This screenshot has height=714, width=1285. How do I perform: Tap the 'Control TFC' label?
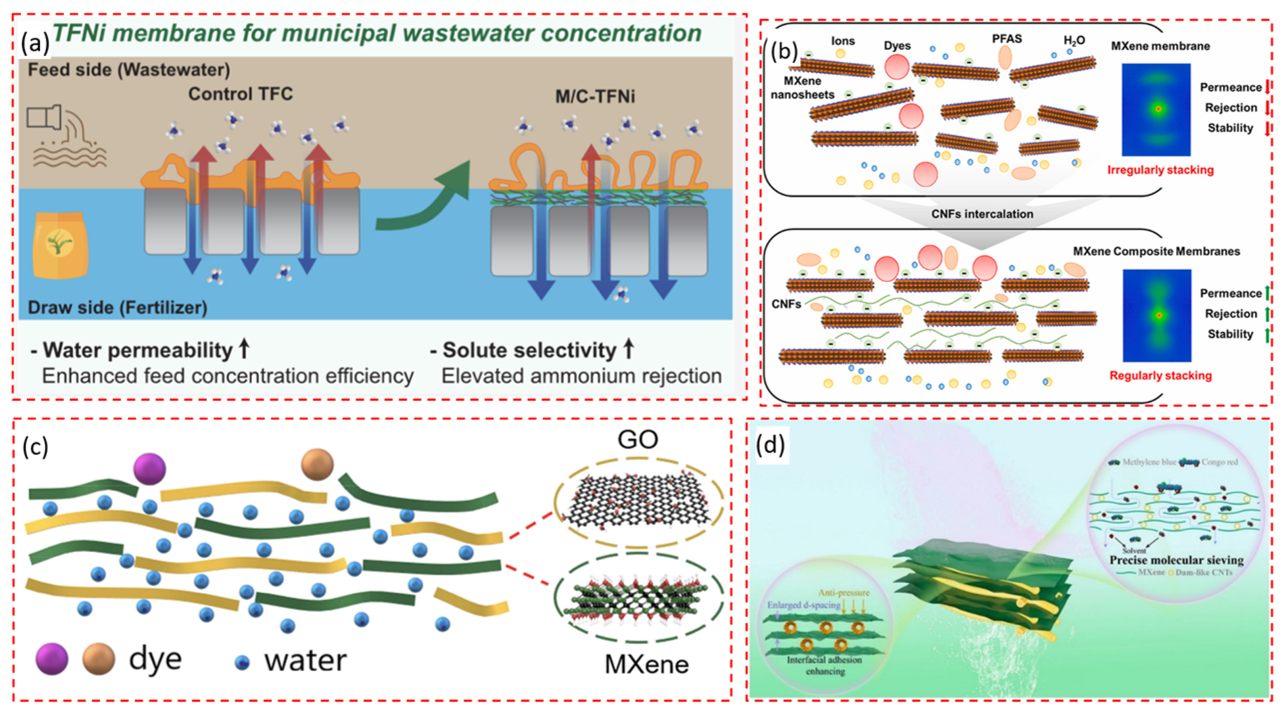click(240, 94)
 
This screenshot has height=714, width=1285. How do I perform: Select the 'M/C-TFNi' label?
click(595, 96)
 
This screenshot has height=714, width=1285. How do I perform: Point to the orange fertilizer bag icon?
click(60, 245)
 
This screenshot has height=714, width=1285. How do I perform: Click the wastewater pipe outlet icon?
click(45, 117)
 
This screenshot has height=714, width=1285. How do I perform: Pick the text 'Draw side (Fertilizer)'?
click(117, 307)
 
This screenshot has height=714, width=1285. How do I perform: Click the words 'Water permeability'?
click(137, 350)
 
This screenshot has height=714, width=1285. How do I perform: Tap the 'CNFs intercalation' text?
click(982, 214)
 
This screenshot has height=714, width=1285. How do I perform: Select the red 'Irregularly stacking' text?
click(1160, 170)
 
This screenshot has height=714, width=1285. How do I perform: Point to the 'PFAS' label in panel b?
click(1007, 39)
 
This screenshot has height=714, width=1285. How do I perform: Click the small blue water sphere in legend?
click(242, 662)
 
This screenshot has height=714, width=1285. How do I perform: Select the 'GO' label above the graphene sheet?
click(638, 440)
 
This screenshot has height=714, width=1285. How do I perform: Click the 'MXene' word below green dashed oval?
click(647, 664)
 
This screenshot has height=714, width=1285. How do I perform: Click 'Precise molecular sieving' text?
click(1176, 560)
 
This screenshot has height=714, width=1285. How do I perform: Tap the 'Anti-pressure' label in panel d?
click(844, 593)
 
